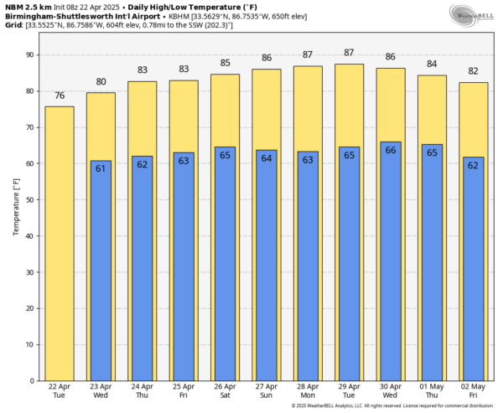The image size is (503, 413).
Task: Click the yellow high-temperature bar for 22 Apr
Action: coord(59,243)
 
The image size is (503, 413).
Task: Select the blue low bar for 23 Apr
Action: coord(101,276)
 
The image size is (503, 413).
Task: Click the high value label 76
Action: coord(59,96)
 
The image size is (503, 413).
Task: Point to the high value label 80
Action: coord(101,82)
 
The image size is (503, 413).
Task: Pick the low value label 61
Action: coord(101,168)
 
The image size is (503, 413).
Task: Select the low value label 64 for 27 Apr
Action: coord(267,157)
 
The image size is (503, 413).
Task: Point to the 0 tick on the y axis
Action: coord(31,381)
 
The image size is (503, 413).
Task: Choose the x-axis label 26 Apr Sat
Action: coord(225,391)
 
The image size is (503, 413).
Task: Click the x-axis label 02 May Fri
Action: coord(474,391)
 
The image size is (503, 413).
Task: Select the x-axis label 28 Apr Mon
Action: coord(308,391)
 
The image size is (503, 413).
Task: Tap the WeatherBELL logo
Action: coord(471,14)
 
